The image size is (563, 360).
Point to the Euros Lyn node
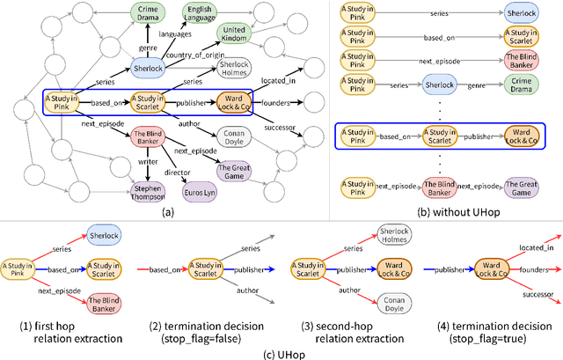click(201, 189)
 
